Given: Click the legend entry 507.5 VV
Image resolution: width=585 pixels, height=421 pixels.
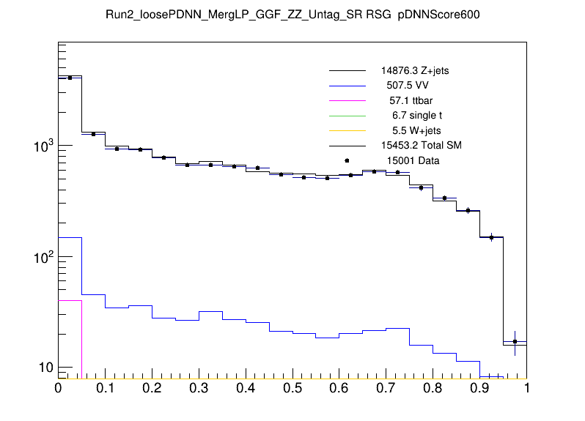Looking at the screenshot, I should pyautogui.click(x=408, y=86).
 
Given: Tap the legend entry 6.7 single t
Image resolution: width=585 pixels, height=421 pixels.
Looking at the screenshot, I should pyautogui.click(x=416, y=115).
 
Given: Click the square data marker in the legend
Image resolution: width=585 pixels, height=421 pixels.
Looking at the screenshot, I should pyautogui.click(x=347, y=160).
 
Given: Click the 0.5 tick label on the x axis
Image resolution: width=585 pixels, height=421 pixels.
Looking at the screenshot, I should pyautogui.click(x=292, y=388).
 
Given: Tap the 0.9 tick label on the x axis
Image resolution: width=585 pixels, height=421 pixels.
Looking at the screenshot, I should pyautogui.click(x=480, y=388).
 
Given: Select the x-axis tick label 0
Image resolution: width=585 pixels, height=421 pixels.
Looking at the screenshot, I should pyautogui.click(x=58, y=388).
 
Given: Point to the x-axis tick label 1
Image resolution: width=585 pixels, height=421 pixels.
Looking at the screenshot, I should pyautogui.click(x=526, y=388).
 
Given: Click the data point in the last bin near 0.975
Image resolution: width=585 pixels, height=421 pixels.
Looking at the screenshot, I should pyautogui.click(x=515, y=342).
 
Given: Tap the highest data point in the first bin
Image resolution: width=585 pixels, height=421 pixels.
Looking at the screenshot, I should pyautogui.click(x=70, y=78).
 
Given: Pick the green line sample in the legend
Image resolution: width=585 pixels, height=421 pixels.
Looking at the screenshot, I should pyautogui.click(x=347, y=115).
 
